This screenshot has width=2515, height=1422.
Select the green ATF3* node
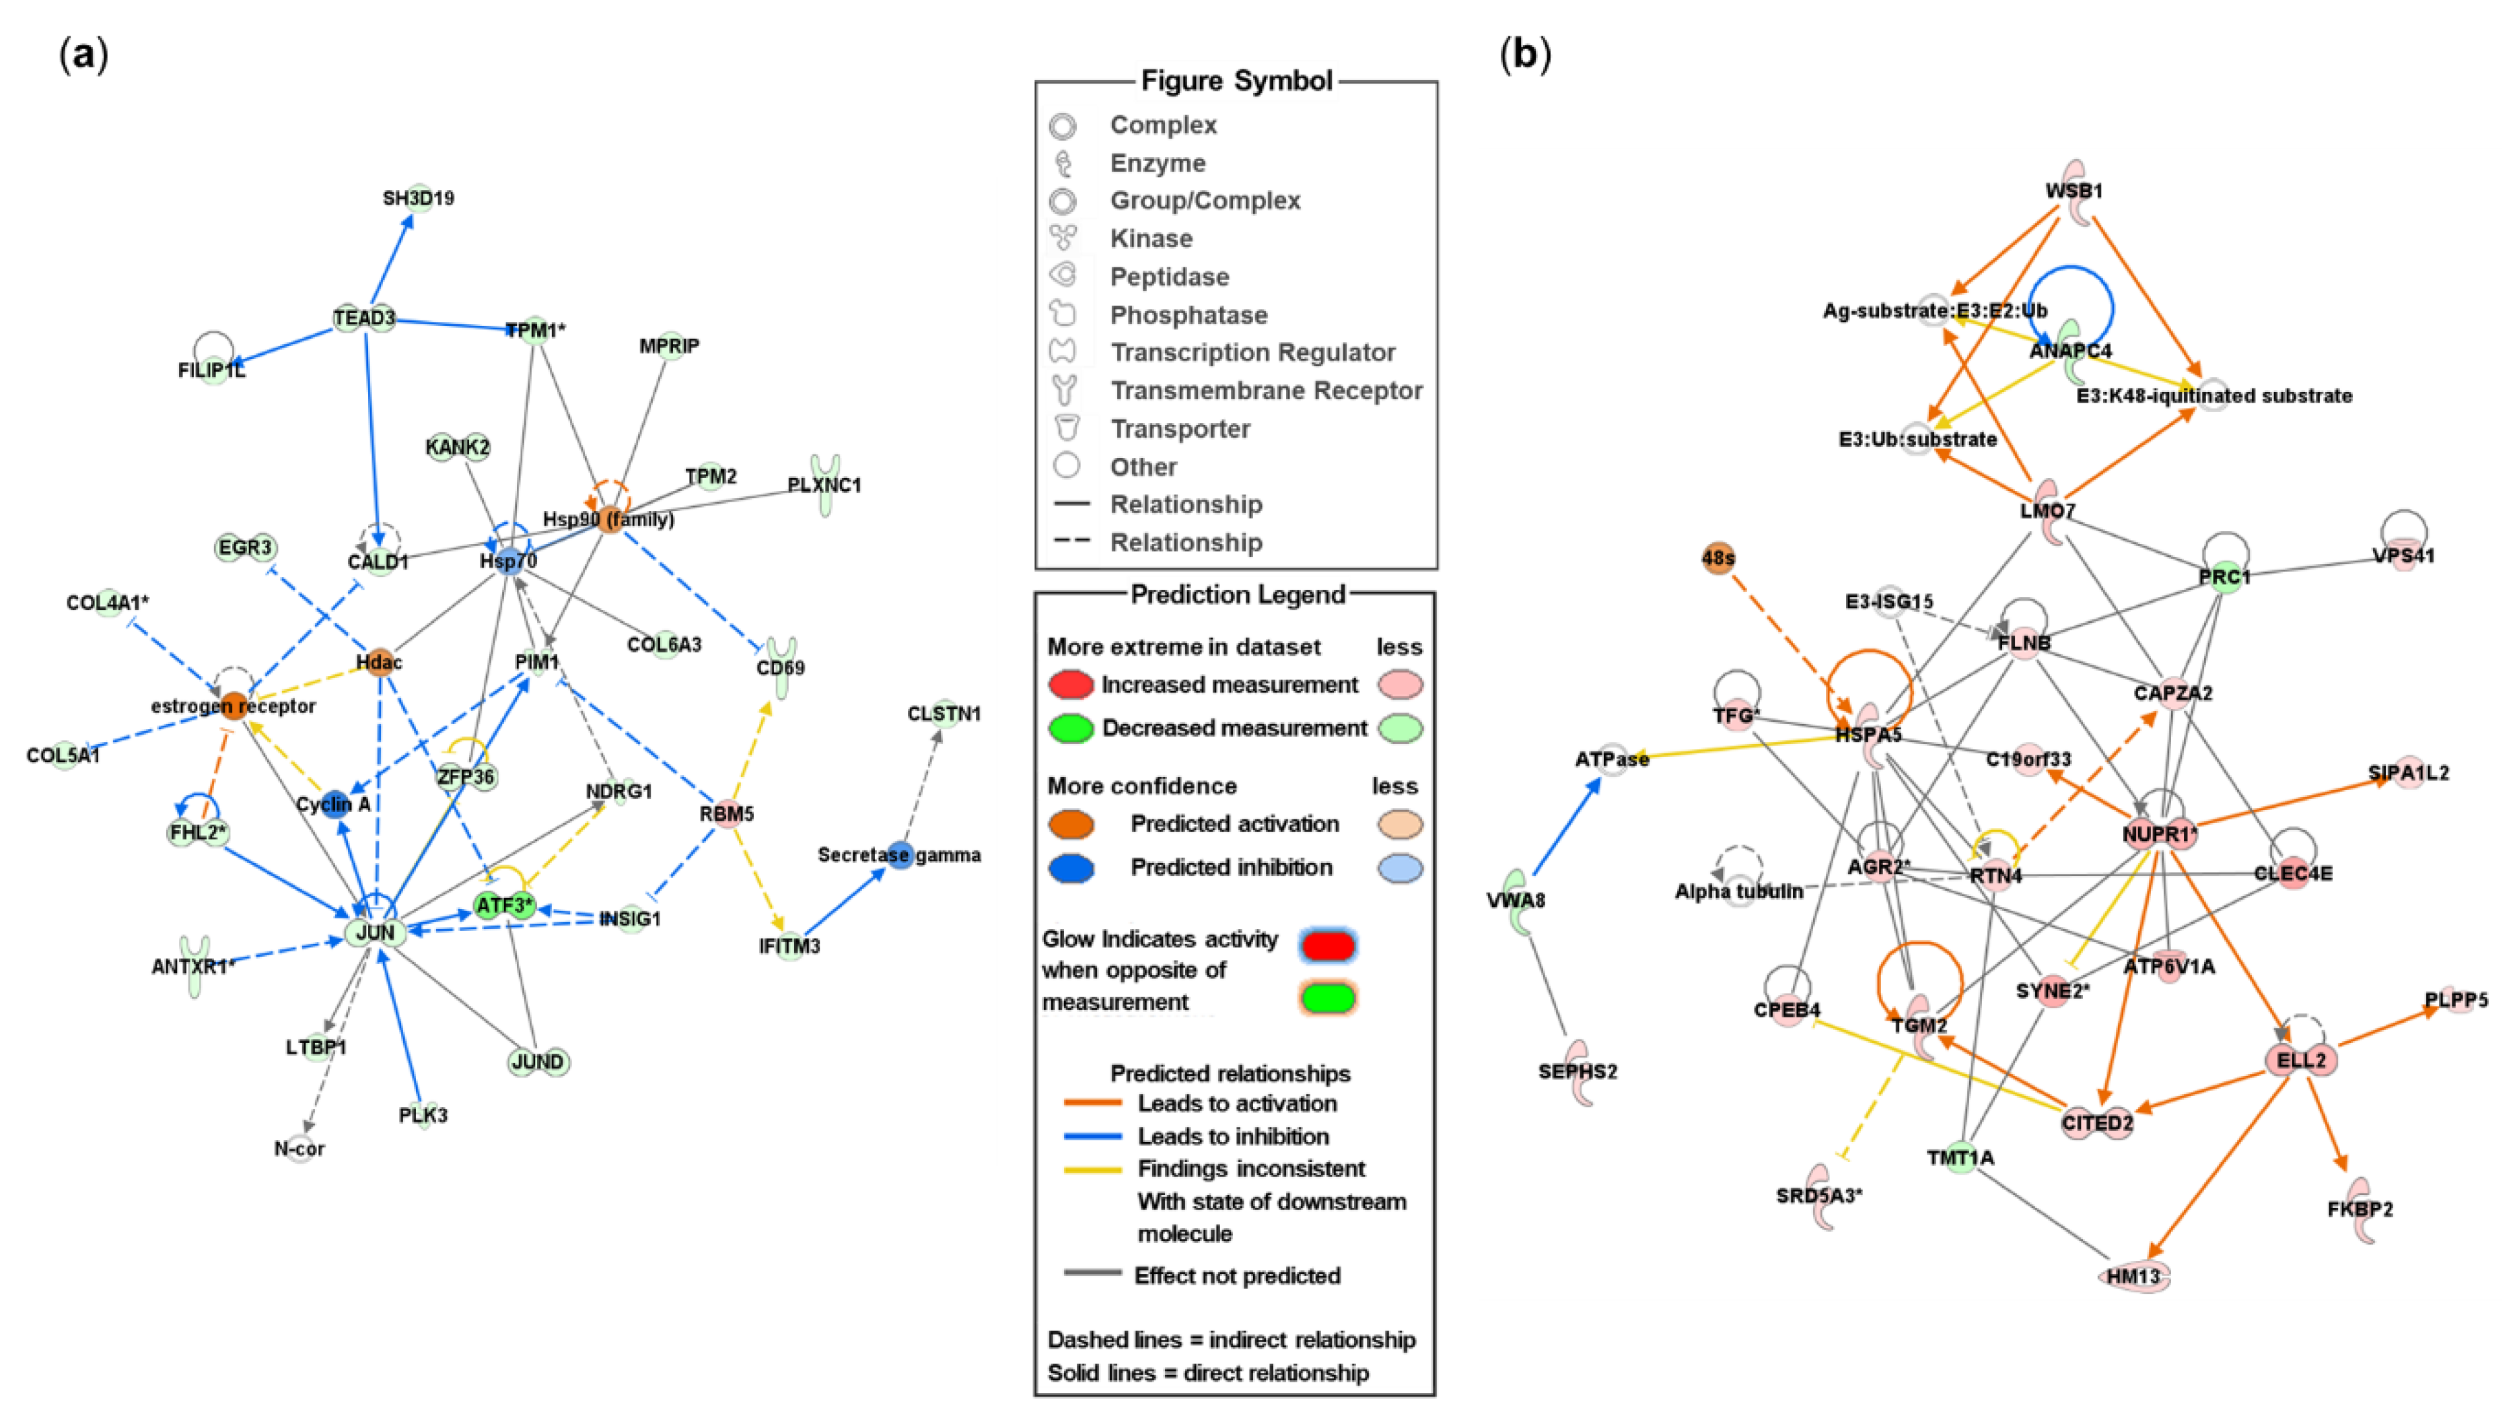tap(504, 906)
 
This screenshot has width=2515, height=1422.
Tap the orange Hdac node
tap(379, 662)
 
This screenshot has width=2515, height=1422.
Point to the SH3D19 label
tap(418, 198)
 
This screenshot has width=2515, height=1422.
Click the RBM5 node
tap(726, 813)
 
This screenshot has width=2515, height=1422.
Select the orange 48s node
tap(1717, 559)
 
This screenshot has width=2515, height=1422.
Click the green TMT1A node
tap(1960, 1157)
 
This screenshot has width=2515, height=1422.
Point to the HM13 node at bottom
tap(2134, 1275)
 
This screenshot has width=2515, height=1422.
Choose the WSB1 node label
tap(2074, 191)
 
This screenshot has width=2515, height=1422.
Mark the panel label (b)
tap(1524, 56)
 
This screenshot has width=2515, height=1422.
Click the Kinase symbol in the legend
tap(1063, 238)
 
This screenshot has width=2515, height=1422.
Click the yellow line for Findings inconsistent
tap(1092, 1169)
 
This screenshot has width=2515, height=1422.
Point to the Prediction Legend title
tap(1237, 594)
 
